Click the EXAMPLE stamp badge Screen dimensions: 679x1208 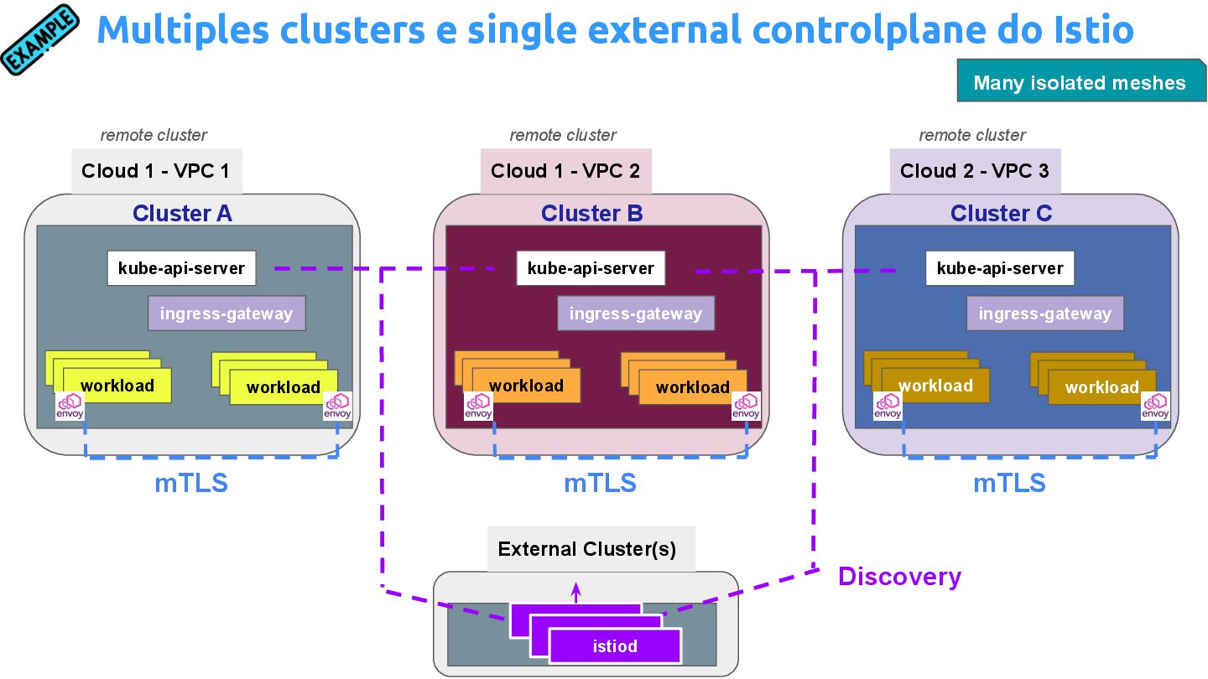(40, 39)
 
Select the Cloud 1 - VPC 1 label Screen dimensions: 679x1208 (157, 171)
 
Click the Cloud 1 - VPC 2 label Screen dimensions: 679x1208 (565, 171)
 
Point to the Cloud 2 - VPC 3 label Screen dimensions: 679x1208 (975, 171)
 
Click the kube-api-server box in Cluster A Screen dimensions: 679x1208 (181, 268)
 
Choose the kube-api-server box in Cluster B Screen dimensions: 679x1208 (591, 268)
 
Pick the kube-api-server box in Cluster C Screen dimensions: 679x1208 (1000, 268)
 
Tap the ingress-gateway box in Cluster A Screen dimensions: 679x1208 (226, 314)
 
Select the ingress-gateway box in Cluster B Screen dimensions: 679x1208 (636, 314)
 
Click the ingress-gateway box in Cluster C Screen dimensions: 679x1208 (1045, 314)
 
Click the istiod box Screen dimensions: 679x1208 (615, 646)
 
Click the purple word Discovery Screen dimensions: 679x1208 (899, 577)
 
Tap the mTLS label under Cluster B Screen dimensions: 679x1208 (600, 484)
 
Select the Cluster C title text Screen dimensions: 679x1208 (1001, 214)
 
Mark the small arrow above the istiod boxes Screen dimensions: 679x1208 (575, 592)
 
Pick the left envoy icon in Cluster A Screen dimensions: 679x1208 (70, 406)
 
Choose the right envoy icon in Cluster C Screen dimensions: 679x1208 (1155, 406)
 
